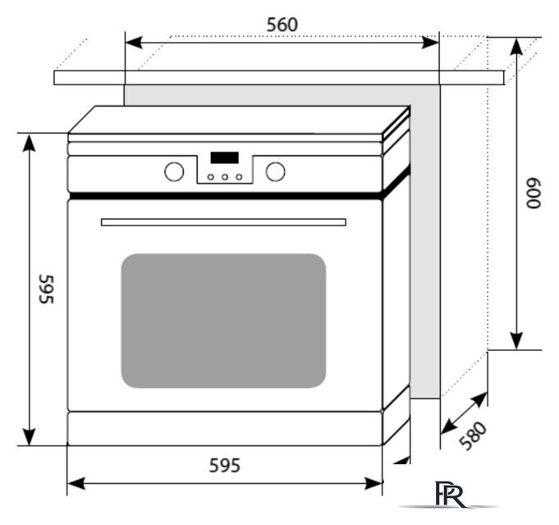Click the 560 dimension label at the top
[x=282, y=25]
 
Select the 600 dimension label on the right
[x=534, y=194]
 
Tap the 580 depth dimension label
[x=474, y=436]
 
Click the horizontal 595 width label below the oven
[x=223, y=466]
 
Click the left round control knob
[x=173, y=171]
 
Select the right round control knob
[x=276, y=171]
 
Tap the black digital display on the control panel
[x=224, y=157]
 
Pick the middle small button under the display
[x=224, y=176]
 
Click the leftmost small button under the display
[x=210, y=176]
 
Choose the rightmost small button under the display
[x=238, y=176]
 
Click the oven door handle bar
[x=223, y=221]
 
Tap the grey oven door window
[x=223, y=320]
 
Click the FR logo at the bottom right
[x=451, y=495]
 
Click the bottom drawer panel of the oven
[x=223, y=427]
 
